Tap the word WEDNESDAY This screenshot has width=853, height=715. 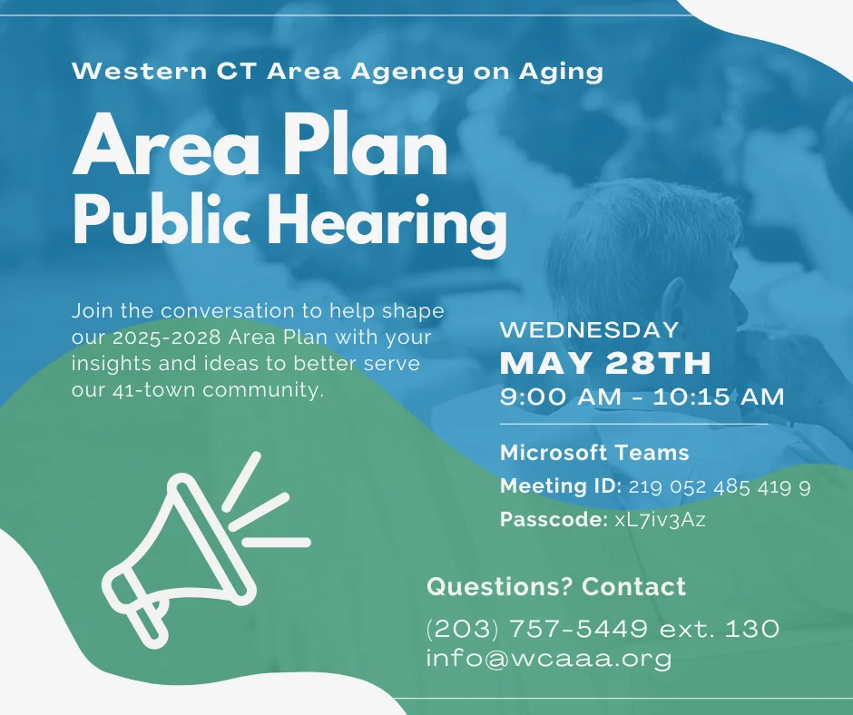coord(589,329)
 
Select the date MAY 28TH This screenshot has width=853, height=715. coord(605,363)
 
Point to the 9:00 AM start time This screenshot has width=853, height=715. coord(560,397)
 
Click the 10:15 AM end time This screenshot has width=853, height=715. coord(719,397)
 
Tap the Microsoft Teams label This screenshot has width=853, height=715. coord(594,453)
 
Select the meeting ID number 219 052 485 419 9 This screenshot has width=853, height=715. coord(720,486)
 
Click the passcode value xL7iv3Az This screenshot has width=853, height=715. coord(660,520)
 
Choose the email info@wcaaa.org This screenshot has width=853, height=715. coord(549,659)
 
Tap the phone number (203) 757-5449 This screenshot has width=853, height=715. coord(537,629)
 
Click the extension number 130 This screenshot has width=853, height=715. coord(752,629)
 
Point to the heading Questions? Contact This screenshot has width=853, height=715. coord(556,586)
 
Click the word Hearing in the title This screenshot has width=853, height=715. coord(387,223)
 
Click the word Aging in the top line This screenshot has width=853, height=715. coord(561,73)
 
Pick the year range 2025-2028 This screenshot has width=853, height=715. coord(166,338)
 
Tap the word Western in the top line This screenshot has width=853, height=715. coord(139,72)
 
